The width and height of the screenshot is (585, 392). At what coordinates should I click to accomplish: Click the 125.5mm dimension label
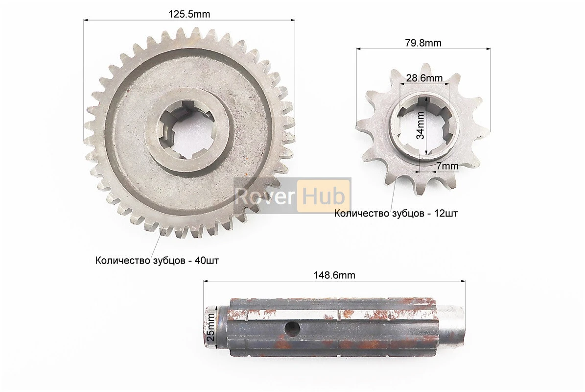[189, 14]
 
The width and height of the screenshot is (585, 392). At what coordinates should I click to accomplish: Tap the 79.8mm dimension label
[423, 43]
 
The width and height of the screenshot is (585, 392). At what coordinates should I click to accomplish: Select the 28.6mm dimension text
[424, 78]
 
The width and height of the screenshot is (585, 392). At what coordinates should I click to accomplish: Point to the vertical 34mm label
[421, 125]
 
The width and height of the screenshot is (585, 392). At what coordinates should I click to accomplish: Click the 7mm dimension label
[447, 166]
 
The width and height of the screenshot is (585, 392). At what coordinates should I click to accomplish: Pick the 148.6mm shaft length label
[334, 275]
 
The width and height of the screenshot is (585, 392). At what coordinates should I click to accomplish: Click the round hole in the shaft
[292, 328]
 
